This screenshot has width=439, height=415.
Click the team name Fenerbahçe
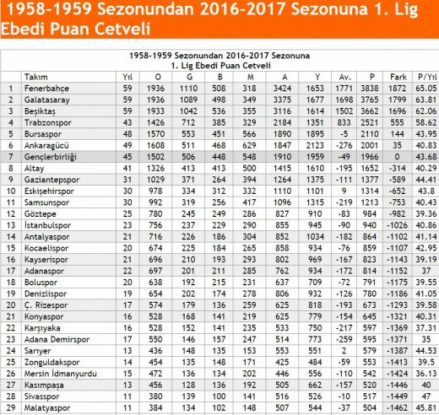[x=46, y=88]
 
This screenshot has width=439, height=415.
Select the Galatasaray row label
[x=46, y=99]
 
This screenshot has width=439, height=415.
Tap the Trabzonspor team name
[x=48, y=122]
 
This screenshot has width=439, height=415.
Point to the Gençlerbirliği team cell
[x=51, y=157]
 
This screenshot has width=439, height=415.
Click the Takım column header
[x=35, y=76]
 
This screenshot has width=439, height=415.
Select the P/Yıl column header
[x=425, y=76]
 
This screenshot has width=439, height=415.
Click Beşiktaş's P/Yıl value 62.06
[x=425, y=110]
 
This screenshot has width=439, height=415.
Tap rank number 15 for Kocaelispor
[x=11, y=249]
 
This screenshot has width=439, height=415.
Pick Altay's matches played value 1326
[x=154, y=168]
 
